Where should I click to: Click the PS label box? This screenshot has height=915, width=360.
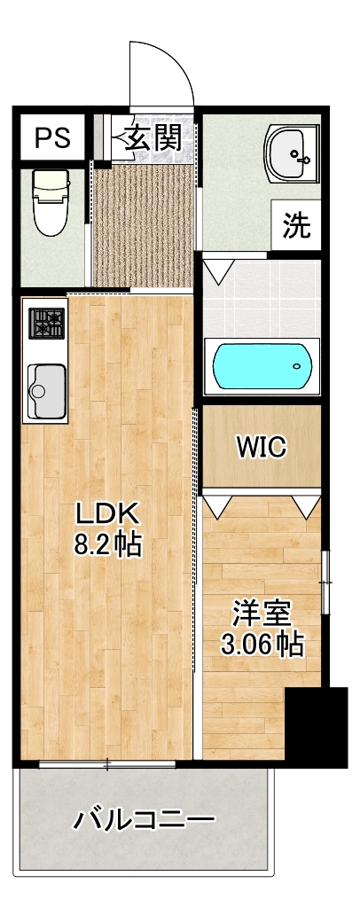[52, 137]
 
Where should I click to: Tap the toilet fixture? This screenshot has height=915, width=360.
[51, 202]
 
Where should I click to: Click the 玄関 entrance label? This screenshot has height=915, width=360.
[154, 139]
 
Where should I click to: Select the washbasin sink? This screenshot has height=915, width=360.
[290, 153]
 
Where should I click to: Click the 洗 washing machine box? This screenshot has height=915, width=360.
[296, 225]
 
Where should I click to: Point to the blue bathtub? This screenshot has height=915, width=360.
[262, 366]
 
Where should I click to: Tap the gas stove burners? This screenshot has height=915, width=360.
[47, 323]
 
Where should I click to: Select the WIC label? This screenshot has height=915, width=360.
[261, 448]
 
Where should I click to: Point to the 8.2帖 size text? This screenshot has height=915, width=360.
[107, 544]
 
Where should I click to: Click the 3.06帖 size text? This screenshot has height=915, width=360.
[262, 644]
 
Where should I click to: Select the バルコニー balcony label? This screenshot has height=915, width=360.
[144, 820]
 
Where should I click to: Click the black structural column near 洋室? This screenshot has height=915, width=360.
[317, 726]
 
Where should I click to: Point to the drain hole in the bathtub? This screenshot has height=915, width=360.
[298, 366]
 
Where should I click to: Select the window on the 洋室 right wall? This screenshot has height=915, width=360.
[325, 582]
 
